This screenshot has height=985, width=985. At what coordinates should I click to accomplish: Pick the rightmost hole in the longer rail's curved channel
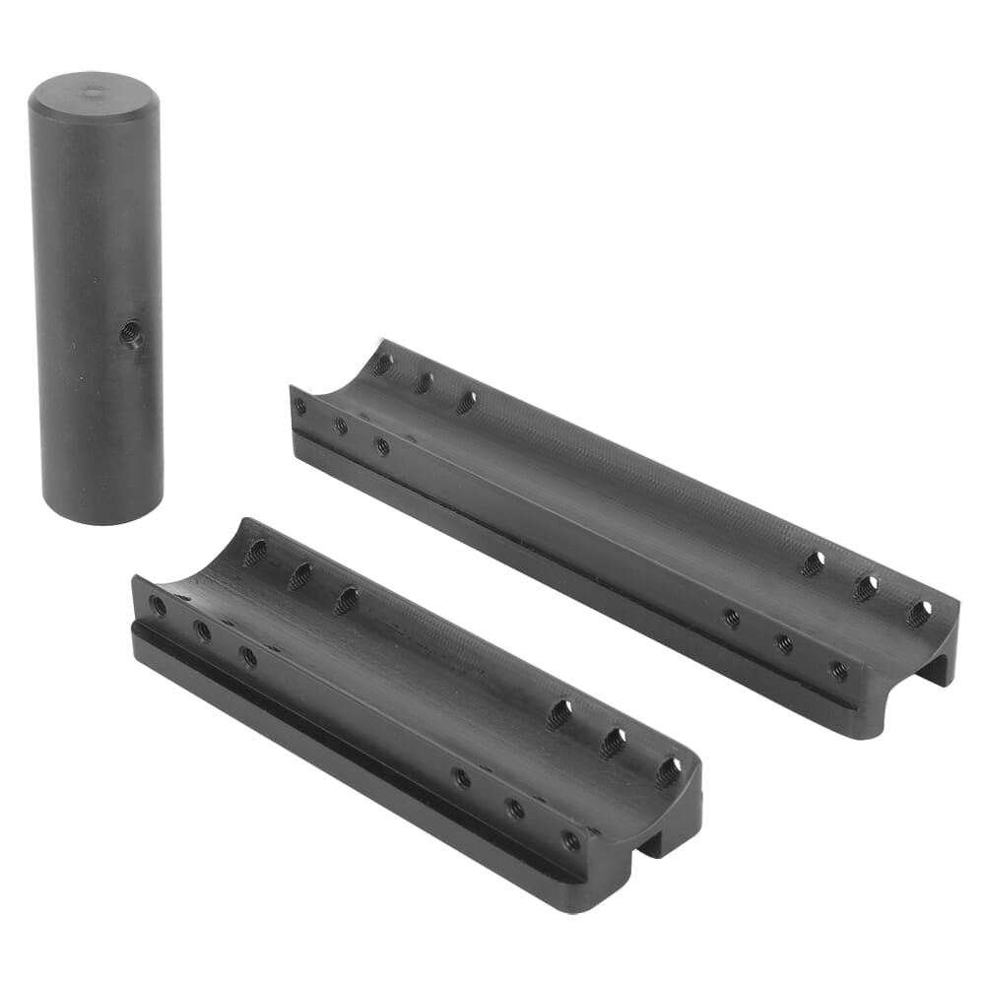(x=918, y=614)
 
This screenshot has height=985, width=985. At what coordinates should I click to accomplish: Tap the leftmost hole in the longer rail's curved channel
(x=382, y=364)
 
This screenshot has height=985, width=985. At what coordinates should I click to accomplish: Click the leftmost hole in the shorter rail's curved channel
(x=255, y=552)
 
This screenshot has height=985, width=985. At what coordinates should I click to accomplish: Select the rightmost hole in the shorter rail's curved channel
(x=668, y=770)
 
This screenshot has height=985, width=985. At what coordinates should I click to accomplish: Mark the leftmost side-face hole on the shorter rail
(x=158, y=606)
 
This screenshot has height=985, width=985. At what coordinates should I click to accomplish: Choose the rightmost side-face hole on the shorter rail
(x=570, y=840)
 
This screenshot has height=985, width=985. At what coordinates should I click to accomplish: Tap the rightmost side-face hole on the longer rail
(x=838, y=671)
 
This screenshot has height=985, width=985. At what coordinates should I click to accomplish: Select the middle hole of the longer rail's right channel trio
(x=865, y=588)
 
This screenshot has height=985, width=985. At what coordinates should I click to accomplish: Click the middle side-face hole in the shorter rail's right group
(x=515, y=809)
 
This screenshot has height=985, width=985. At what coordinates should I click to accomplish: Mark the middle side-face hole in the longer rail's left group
(x=341, y=426)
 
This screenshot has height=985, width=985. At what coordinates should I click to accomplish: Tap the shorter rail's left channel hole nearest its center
(x=347, y=600)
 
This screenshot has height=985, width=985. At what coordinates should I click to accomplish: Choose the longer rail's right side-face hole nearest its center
(x=732, y=618)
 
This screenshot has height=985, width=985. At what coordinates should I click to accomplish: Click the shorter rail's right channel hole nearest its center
(x=559, y=713)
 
